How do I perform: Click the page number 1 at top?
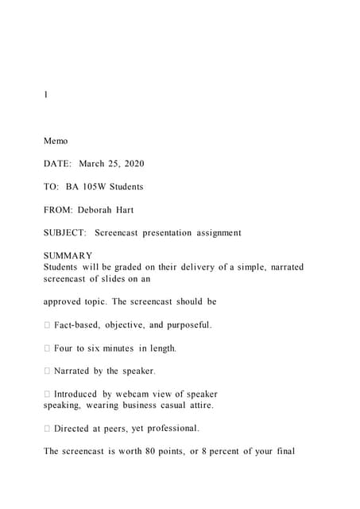click(46, 95)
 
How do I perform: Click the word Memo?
click(56, 141)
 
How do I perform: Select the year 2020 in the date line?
click(133, 164)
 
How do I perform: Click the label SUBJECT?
click(65, 233)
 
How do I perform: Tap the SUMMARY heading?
click(68, 256)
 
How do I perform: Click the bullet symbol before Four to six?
click(47, 348)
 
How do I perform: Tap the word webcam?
click(133, 394)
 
